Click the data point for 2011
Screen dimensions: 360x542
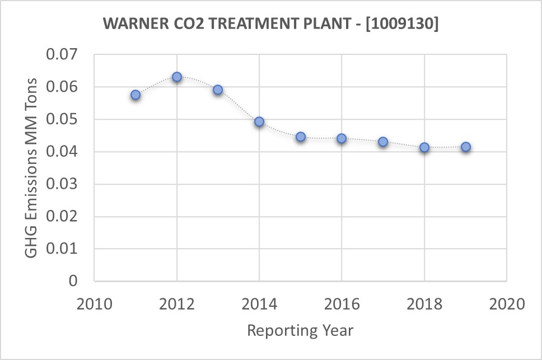(x=135, y=95)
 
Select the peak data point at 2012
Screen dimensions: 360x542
(x=177, y=77)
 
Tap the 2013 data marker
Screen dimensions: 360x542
(x=218, y=90)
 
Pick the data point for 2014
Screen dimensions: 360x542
(x=259, y=121)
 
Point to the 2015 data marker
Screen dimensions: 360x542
(x=301, y=137)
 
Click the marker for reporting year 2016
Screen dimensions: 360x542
(x=342, y=138)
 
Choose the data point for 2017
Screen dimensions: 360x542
(x=383, y=142)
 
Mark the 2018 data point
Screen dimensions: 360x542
(x=424, y=147)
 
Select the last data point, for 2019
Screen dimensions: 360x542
(x=465, y=147)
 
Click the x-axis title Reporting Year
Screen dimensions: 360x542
(x=300, y=330)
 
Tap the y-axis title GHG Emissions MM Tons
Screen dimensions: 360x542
(x=32, y=167)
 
